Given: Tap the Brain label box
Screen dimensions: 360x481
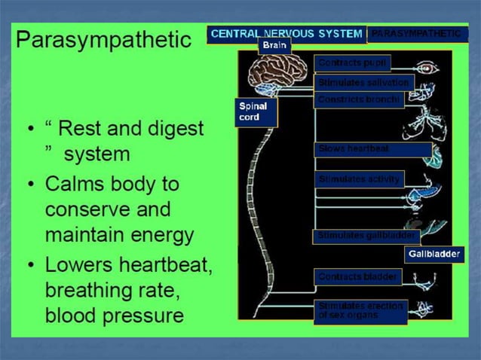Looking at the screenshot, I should (273, 46).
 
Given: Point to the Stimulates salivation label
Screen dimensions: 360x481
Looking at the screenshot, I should (363, 82).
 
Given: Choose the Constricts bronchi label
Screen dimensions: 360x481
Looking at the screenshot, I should (358, 99).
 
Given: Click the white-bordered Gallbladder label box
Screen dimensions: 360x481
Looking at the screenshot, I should (434, 255).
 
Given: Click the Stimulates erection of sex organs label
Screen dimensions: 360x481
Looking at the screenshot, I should (360, 310).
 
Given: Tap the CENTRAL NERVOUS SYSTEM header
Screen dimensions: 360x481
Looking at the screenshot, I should (286, 34).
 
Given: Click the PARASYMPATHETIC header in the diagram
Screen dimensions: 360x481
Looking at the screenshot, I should (416, 34).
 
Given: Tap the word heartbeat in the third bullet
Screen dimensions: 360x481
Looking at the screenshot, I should (160, 265).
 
